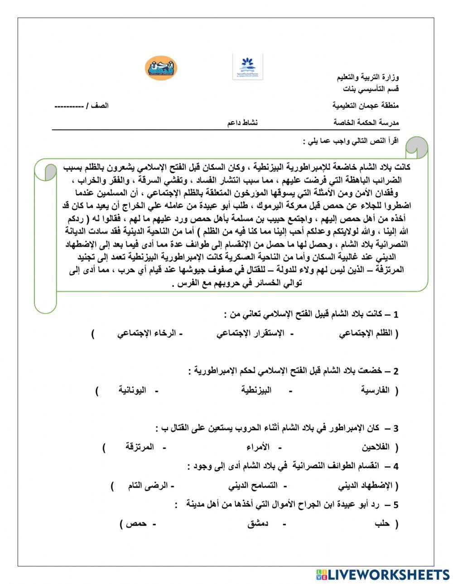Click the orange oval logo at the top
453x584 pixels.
click(x=161, y=67)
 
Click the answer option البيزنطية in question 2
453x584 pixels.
click(x=256, y=390)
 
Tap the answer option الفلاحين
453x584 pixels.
click(x=376, y=447)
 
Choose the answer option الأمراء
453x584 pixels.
click(x=258, y=447)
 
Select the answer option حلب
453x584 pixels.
click(x=383, y=524)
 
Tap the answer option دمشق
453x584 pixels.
click(x=258, y=524)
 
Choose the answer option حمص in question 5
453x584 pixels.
click(x=136, y=524)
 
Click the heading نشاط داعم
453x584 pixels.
click(x=242, y=123)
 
